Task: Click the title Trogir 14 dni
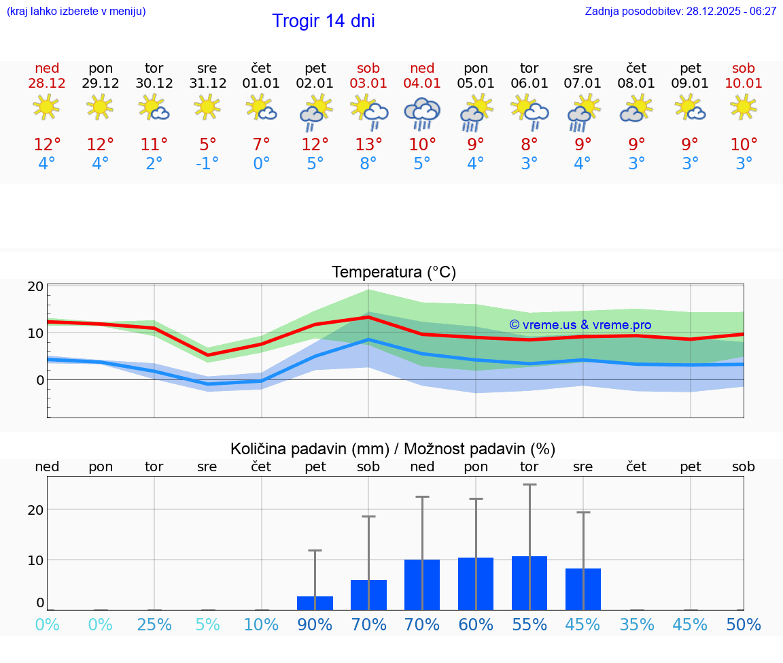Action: coord(323,21)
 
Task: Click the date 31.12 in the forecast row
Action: coord(207,84)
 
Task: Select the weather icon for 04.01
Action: coord(422,114)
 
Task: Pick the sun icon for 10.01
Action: coord(744,107)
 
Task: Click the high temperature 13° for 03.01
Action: coord(368,144)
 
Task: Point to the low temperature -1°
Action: coord(207,164)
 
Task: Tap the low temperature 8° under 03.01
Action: coord(368,164)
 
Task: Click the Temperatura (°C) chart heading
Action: coord(394,272)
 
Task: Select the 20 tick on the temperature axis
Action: coord(36,287)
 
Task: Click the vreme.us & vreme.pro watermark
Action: coord(580,325)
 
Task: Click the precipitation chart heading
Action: coord(393,449)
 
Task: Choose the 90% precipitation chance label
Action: coord(315,624)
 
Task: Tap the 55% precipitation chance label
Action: coord(529,624)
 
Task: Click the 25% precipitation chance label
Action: coord(154,624)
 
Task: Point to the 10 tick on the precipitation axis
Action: coord(36,560)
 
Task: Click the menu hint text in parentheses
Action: coord(76,12)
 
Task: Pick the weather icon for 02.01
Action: coord(315,112)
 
